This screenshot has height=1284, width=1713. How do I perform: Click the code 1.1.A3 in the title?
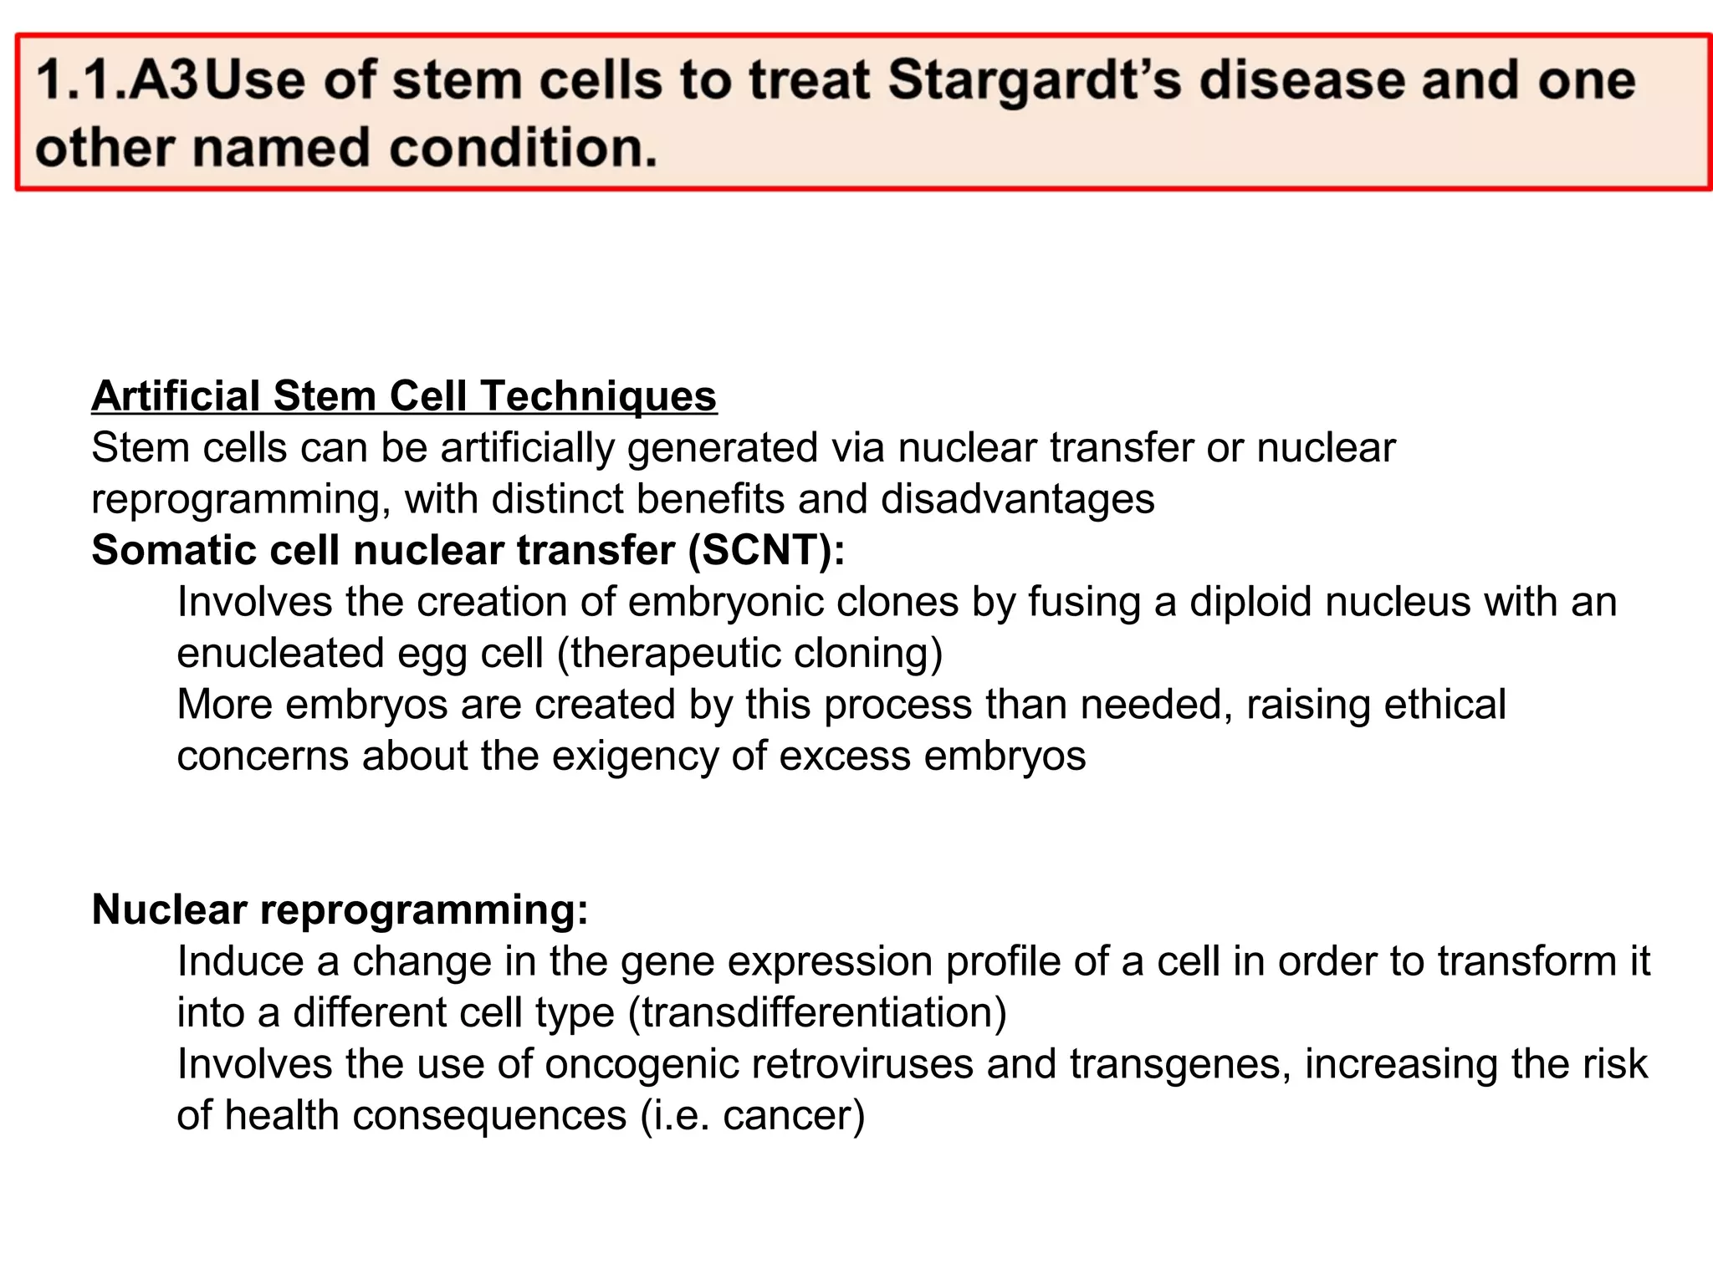tap(117, 81)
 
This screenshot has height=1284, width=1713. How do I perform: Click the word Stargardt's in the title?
tap(1035, 81)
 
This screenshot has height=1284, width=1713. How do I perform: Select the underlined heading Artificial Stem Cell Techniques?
tap(404, 395)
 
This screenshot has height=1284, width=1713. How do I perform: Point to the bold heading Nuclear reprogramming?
tap(340, 909)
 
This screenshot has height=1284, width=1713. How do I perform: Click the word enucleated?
tap(280, 653)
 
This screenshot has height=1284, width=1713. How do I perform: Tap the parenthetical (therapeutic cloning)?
tap(750, 653)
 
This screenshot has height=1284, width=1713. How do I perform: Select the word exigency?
tap(636, 756)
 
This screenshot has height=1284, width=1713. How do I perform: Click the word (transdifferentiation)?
tap(818, 1012)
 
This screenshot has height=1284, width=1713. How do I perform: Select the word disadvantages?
tap(1017, 499)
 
